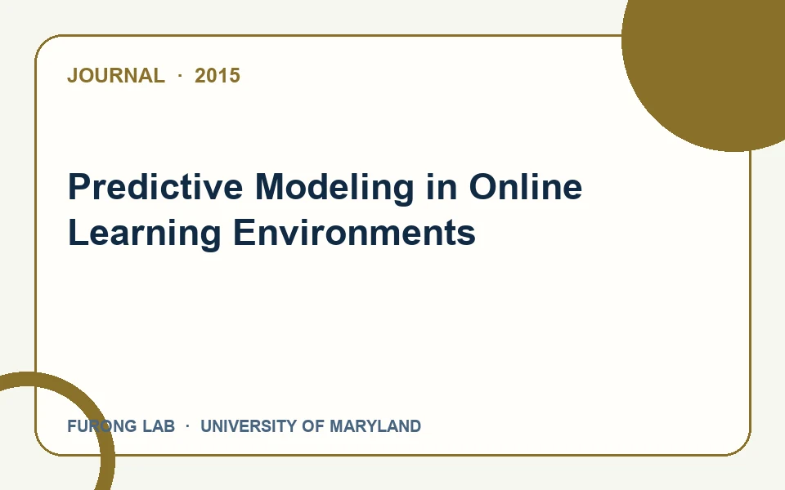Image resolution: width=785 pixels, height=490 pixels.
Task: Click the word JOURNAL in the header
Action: click(x=115, y=75)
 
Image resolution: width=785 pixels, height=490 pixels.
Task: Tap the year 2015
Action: click(x=218, y=75)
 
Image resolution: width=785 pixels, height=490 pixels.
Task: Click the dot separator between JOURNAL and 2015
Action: click(x=180, y=75)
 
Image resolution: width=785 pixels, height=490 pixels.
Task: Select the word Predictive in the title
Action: click(x=155, y=187)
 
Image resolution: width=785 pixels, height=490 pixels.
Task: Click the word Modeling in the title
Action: click(x=334, y=189)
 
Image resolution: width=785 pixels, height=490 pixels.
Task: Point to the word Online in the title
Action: click(x=525, y=187)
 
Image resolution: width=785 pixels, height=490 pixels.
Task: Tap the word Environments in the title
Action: click(x=354, y=232)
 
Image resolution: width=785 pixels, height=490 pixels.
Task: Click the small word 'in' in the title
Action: click(x=442, y=187)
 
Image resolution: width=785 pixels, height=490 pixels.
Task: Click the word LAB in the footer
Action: click(x=159, y=426)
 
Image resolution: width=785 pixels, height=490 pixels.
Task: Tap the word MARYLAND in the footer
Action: click(x=375, y=426)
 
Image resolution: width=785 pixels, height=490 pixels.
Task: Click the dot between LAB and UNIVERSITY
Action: click(x=187, y=426)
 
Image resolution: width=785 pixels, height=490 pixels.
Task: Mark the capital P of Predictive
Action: click(x=79, y=187)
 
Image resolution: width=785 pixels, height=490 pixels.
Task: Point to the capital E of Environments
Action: click(x=244, y=233)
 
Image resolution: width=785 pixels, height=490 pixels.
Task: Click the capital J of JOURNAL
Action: click(x=73, y=75)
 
